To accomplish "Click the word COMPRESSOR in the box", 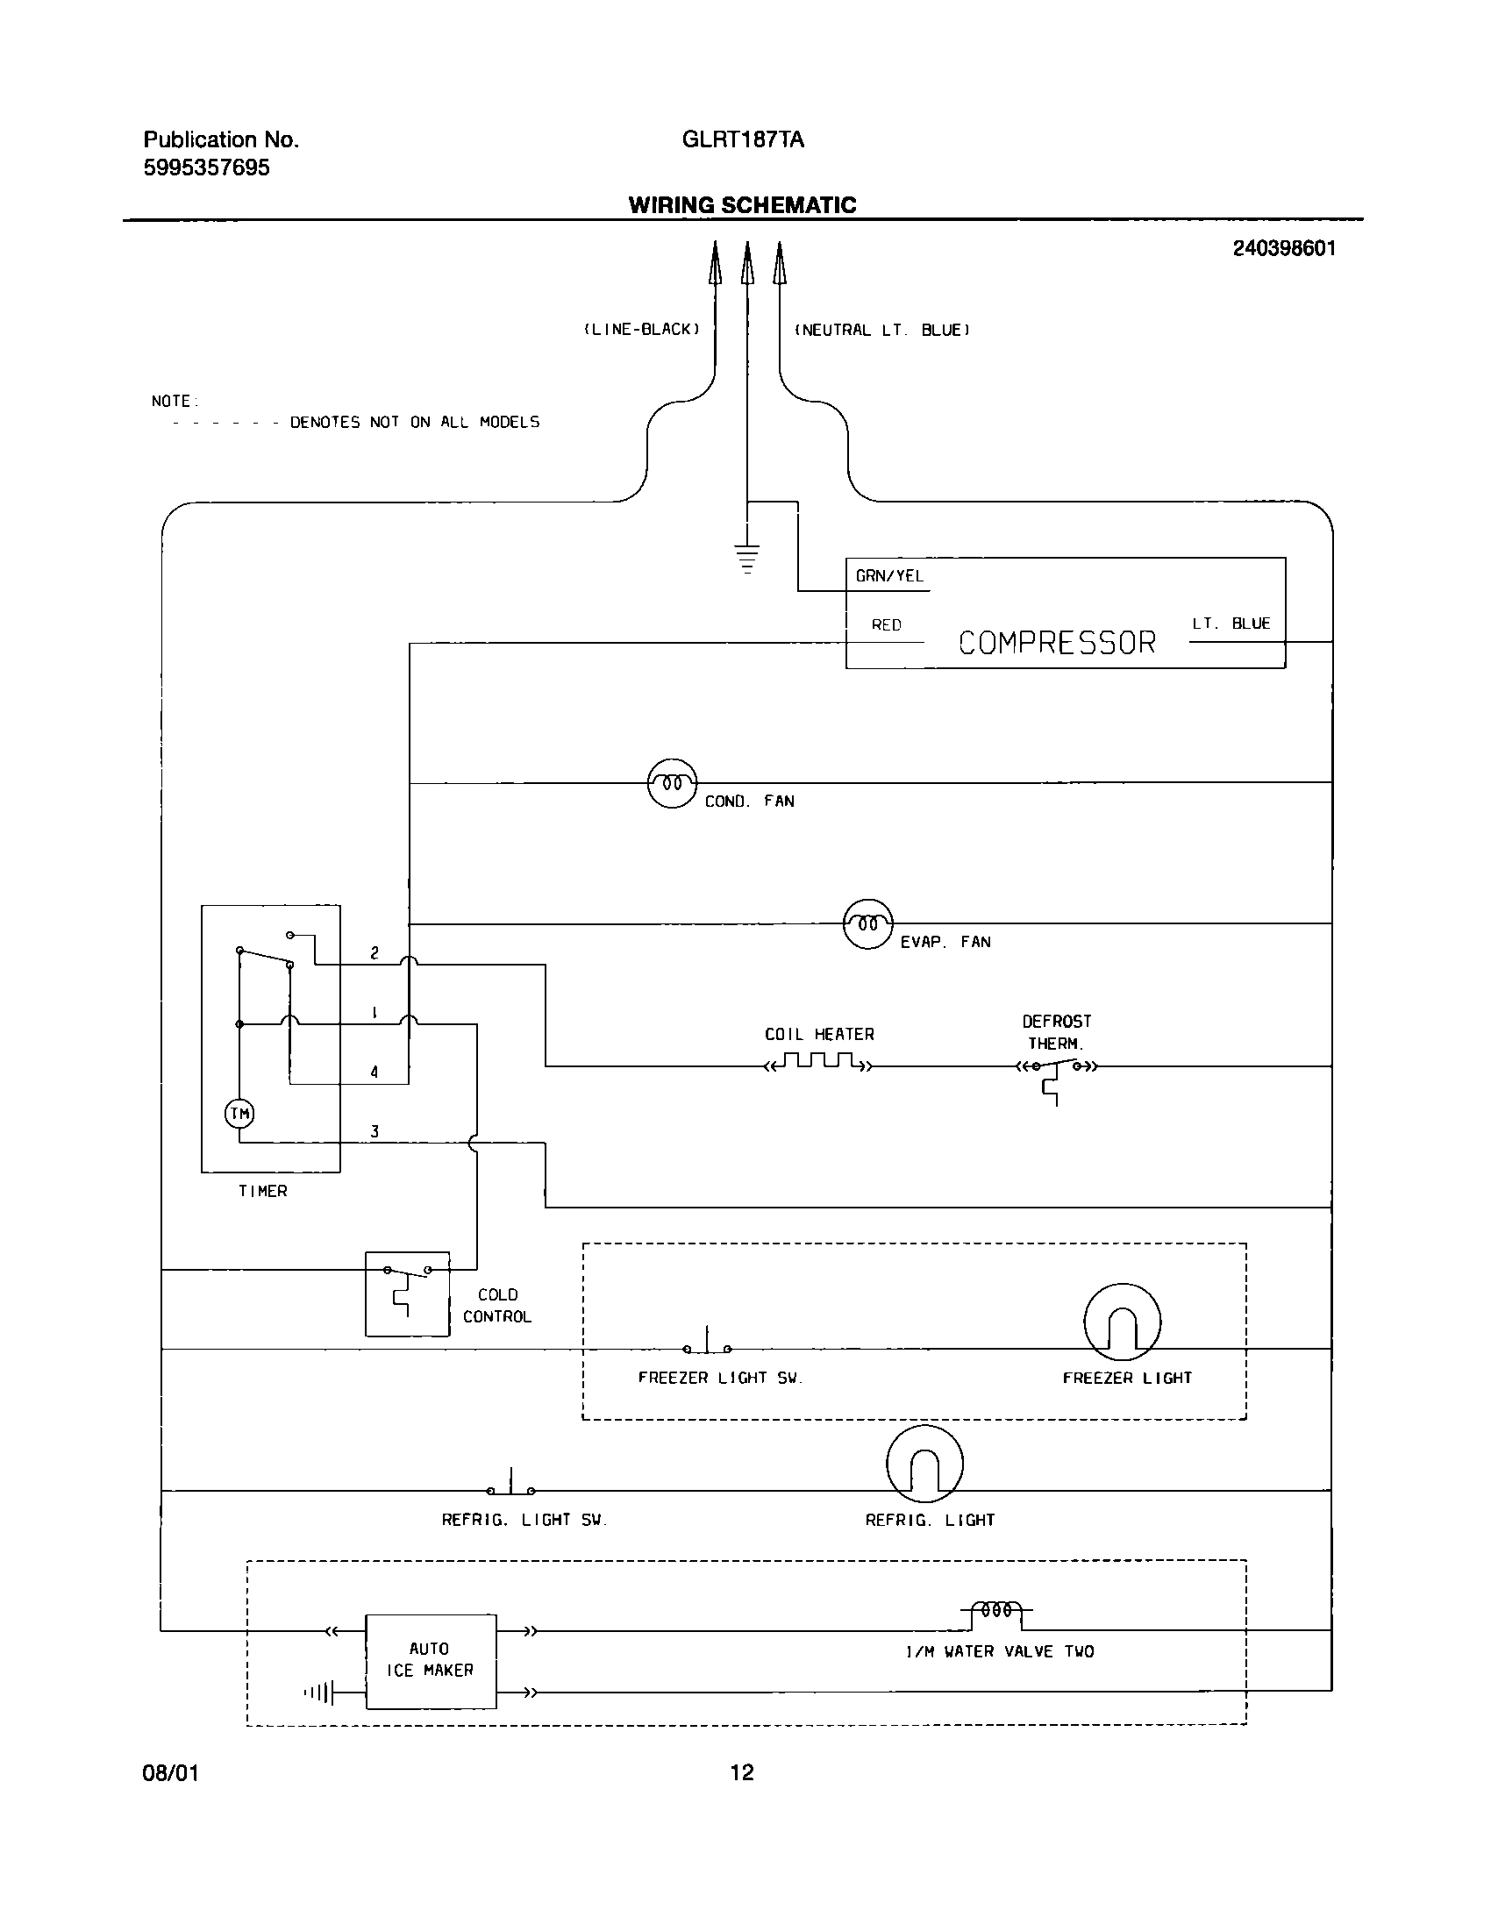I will tap(1057, 643).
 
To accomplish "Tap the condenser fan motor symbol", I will tap(672, 782).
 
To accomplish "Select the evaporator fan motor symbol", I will tap(867, 923).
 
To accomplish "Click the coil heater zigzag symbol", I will tap(817, 1064).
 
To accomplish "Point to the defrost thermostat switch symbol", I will tap(1056, 1070).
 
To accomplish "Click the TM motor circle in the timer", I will tap(239, 1114).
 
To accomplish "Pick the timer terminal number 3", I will tap(375, 1131).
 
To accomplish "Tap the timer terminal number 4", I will tap(375, 1072).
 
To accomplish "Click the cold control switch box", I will tap(407, 1294).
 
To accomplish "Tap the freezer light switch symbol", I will tap(707, 1346).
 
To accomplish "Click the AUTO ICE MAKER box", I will tap(430, 1661).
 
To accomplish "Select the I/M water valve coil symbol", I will tap(996, 1610).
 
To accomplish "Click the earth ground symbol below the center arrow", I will tap(747, 558).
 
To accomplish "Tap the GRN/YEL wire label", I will tap(889, 576).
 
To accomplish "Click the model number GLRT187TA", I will tap(742, 139).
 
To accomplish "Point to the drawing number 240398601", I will tap(1284, 248).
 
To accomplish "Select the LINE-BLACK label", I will tap(642, 330).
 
